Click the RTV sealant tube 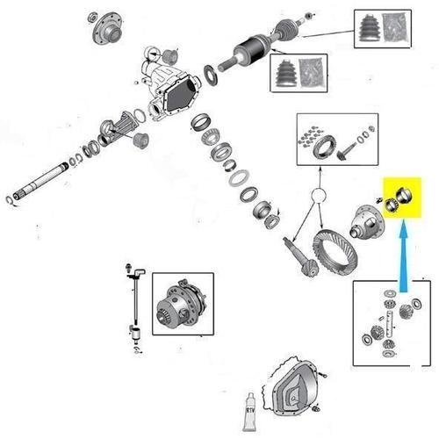(x=250, y=412)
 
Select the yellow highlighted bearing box (x=402, y=198)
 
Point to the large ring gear (x=335, y=252)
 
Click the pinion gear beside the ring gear (x=300, y=257)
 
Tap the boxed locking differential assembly (x=182, y=305)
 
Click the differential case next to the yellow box (x=367, y=221)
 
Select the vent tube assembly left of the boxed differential (x=134, y=307)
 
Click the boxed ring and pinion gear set (x=337, y=140)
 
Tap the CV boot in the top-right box (x=371, y=29)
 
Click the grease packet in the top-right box (x=395, y=28)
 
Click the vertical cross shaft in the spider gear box (x=390, y=324)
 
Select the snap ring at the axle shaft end (x=10, y=200)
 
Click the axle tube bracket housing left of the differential (x=118, y=129)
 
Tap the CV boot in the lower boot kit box (x=285, y=73)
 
